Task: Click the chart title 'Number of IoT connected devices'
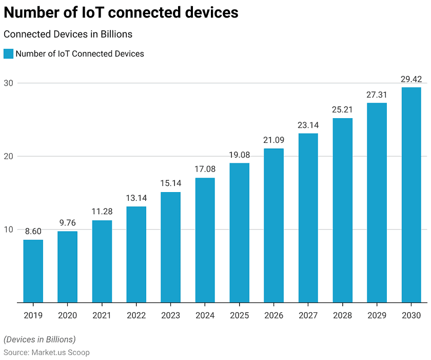(x=121, y=12)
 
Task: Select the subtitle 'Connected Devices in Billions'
(x=68, y=34)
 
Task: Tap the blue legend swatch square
(x=8, y=53)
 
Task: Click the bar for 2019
(x=33, y=271)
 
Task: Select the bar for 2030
(x=411, y=195)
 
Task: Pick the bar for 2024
(x=205, y=240)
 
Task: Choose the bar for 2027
(x=308, y=218)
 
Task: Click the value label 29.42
(x=411, y=79)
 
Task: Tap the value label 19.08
(x=239, y=155)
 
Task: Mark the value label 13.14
(x=136, y=198)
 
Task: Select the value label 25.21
(x=342, y=110)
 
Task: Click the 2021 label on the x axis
(x=102, y=315)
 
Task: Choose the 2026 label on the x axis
(x=273, y=315)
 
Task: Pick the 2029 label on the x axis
(x=377, y=315)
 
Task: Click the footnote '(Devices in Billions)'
(x=40, y=339)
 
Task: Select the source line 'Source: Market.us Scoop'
(x=47, y=352)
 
